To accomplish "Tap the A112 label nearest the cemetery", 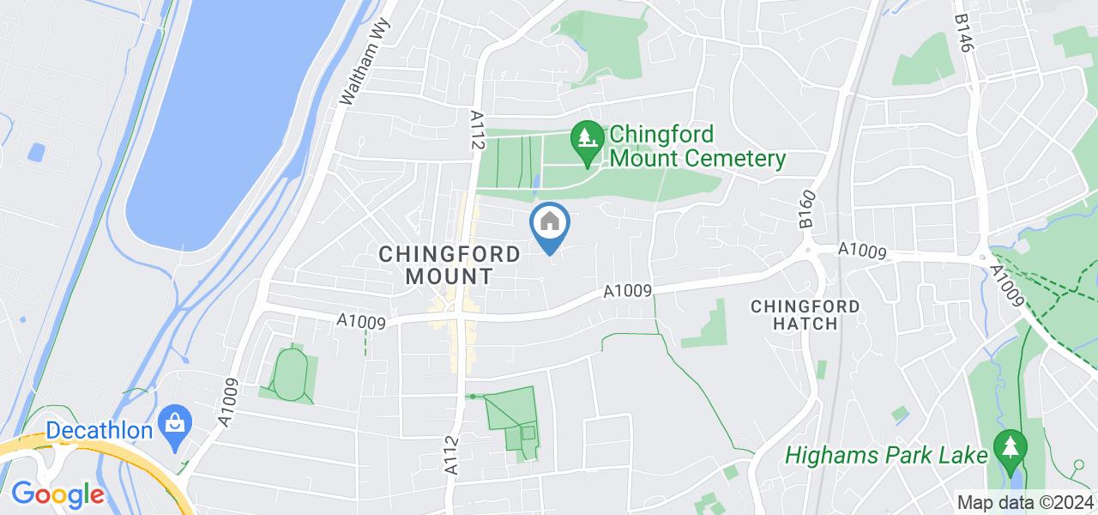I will (x=478, y=130).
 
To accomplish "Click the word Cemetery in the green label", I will (x=739, y=159).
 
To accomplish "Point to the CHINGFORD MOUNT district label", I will (x=449, y=265).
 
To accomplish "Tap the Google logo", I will (x=57, y=494).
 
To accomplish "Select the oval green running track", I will (x=290, y=374).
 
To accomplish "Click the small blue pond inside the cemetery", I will (x=535, y=182).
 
